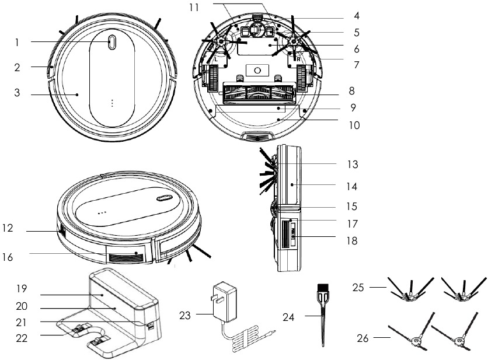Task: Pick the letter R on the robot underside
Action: click(298, 59)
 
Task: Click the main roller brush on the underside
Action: click(258, 92)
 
